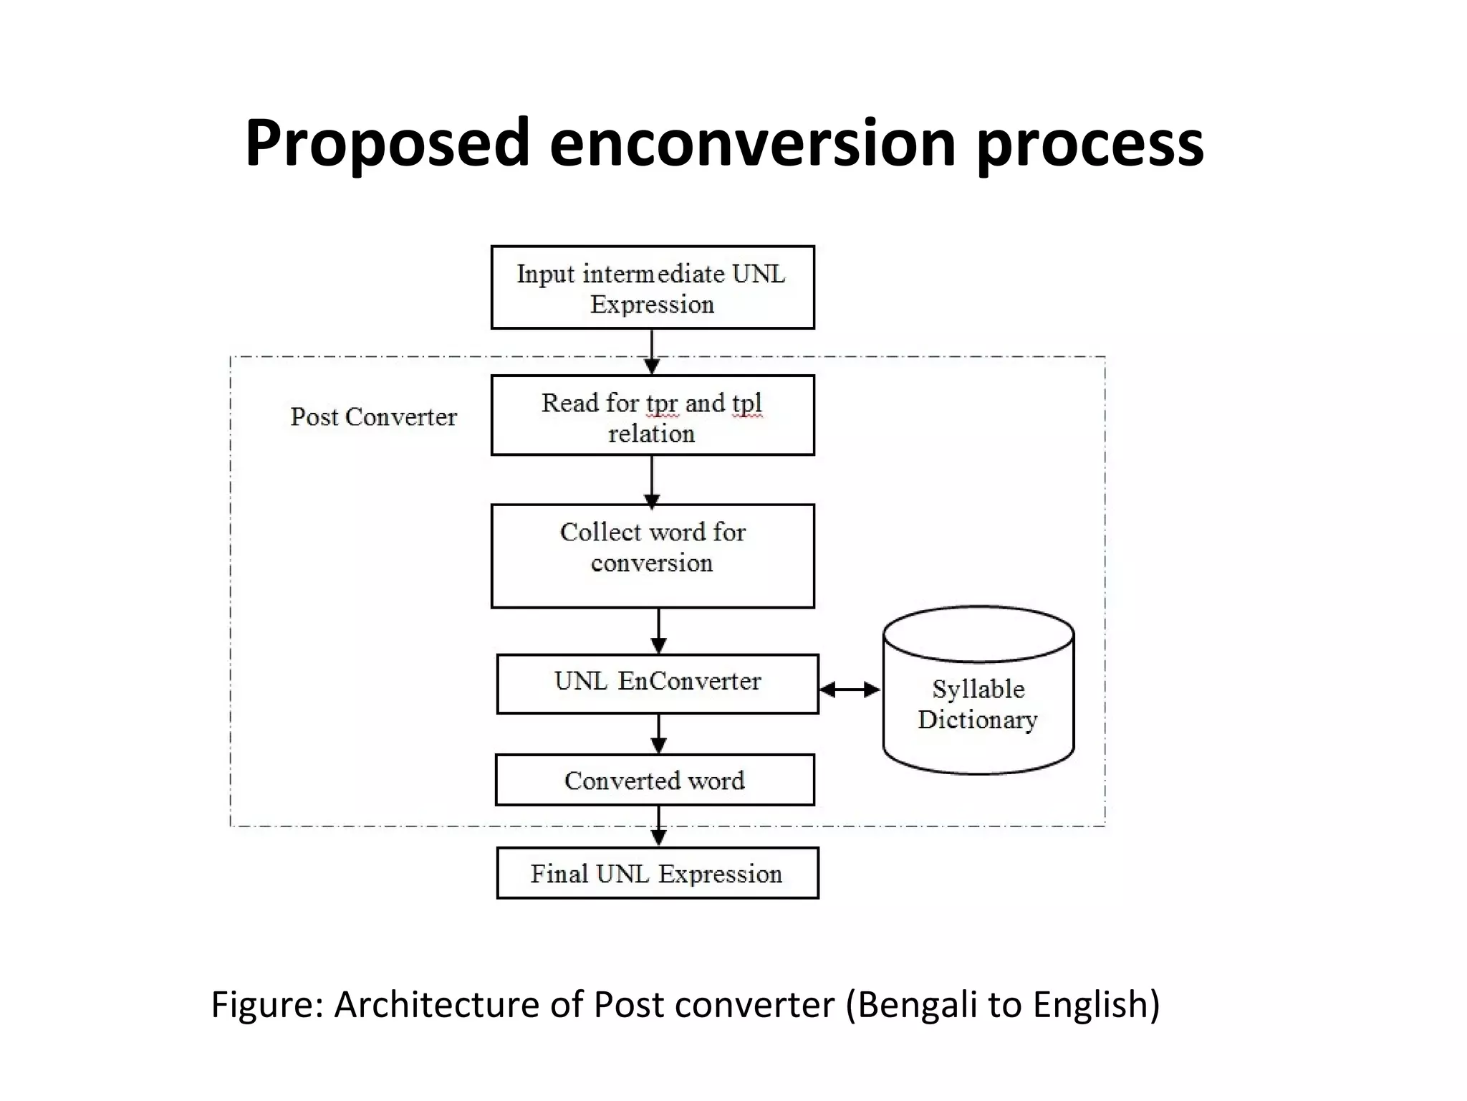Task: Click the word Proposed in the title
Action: (x=387, y=143)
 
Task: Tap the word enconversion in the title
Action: (x=752, y=143)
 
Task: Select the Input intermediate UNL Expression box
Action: (x=652, y=287)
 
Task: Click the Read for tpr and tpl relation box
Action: (x=652, y=415)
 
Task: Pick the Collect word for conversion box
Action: (x=652, y=556)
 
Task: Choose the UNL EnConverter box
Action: (x=657, y=683)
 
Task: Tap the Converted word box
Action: (x=654, y=780)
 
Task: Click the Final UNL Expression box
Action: (x=657, y=873)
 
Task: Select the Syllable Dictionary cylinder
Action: (x=978, y=702)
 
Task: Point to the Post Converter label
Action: (x=373, y=416)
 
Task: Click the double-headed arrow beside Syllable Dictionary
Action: (x=850, y=690)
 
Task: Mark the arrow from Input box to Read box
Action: (x=652, y=351)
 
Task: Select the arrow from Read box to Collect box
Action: (x=652, y=480)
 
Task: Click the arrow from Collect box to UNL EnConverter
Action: (x=658, y=631)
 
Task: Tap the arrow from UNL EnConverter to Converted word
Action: (x=658, y=733)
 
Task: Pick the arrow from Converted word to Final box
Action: (x=658, y=826)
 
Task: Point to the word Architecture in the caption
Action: (x=437, y=1004)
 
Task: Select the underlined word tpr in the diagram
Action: (x=661, y=404)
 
